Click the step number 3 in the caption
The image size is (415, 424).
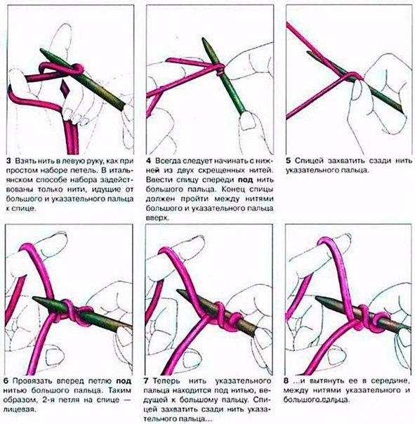coord(8,161)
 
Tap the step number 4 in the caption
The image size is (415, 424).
coord(149,161)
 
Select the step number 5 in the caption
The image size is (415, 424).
coord(289,161)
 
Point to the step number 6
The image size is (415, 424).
coord(6,381)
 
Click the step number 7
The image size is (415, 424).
coord(146,380)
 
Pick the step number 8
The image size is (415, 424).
coord(286,380)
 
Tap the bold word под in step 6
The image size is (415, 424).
coord(124,381)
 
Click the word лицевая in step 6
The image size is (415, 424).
coord(20,409)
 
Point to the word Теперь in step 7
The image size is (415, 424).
coord(166,381)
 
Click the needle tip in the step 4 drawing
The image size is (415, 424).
coord(203,39)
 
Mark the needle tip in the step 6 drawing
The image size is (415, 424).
coord(34,298)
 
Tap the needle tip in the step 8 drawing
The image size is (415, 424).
coord(317,298)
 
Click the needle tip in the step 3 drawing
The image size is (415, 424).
coord(41,50)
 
